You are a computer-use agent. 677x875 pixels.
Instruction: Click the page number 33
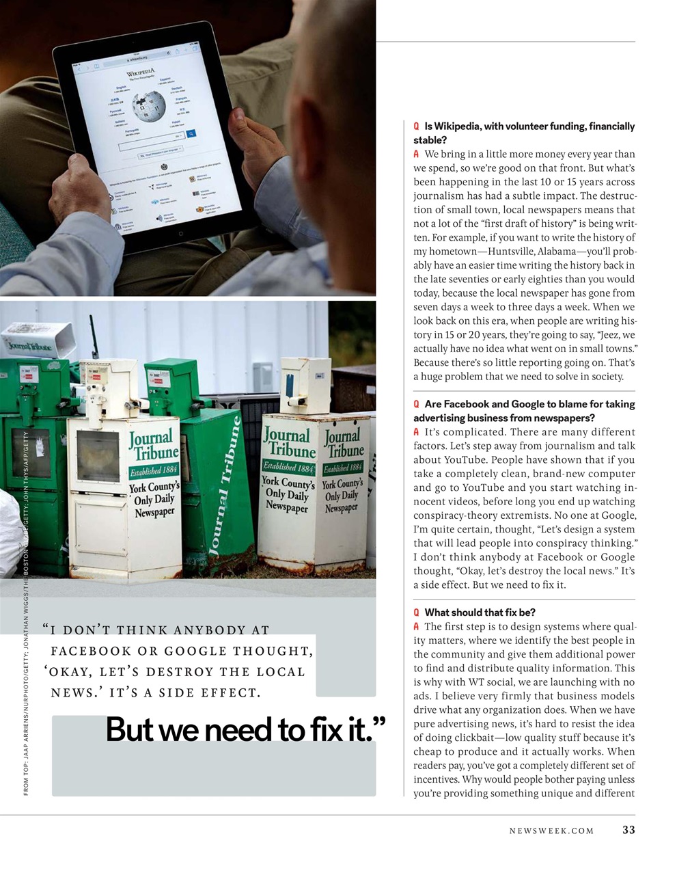[x=628, y=831]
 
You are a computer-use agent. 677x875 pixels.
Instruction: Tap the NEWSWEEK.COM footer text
[x=551, y=831]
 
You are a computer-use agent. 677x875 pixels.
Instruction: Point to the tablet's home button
[x=180, y=233]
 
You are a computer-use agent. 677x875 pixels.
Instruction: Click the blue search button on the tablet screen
[x=191, y=134]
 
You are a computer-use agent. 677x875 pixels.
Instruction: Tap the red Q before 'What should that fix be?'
[x=416, y=612]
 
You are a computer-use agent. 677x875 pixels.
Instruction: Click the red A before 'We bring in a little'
[x=416, y=154]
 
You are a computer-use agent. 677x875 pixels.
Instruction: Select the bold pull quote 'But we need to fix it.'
[x=246, y=730]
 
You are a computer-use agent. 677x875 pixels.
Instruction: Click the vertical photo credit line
[x=26, y=615]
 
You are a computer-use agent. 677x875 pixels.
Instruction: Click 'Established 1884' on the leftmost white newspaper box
[x=154, y=471]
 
